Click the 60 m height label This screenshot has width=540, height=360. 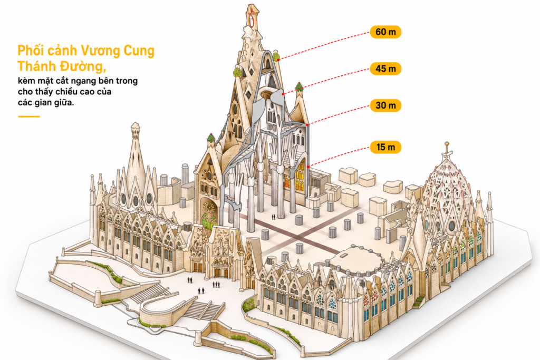[385, 32]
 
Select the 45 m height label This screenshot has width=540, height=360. [385, 69]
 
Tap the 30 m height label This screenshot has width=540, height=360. [385, 105]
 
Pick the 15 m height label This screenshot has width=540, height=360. [385, 147]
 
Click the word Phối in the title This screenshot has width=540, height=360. [30, 51]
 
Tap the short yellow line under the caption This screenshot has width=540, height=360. [29, 116]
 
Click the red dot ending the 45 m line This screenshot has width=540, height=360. [283, 94]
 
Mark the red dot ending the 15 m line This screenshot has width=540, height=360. [308, 167]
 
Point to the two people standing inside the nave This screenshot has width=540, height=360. [274, 217]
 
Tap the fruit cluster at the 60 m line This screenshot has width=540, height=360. [276, 56]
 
